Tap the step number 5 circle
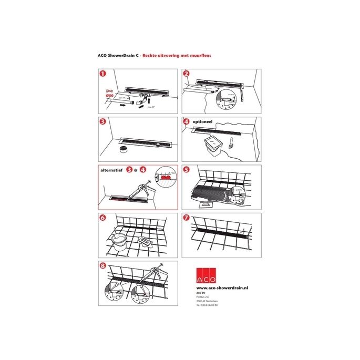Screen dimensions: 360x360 [187, 170]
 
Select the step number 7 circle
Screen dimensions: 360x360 [187, 218]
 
